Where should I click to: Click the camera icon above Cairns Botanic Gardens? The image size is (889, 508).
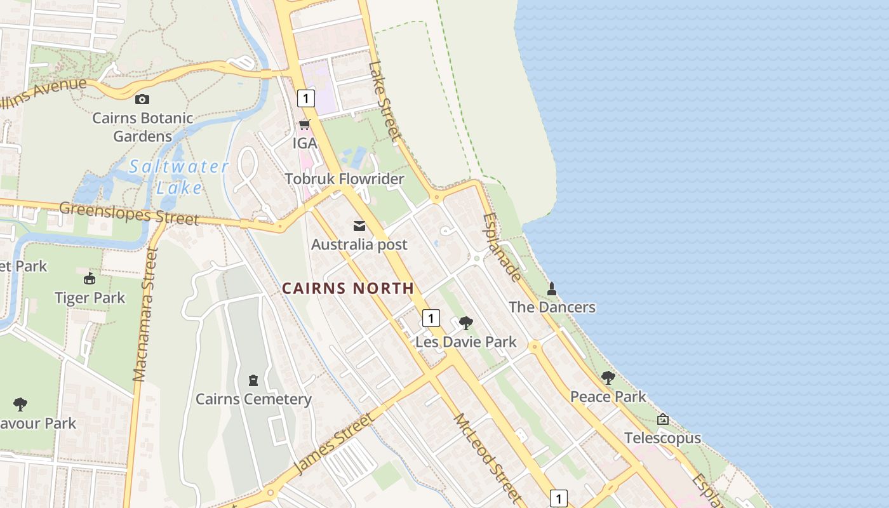(x=142, y=99)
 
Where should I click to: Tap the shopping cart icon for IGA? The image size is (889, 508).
(x=305, y=125)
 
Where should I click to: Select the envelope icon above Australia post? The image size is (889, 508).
(x=359, y=226)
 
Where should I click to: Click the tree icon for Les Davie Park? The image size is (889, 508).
(x=466, y=323)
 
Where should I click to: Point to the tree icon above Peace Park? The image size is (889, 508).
(x=608, y=378)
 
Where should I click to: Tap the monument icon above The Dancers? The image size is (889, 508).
(x=552, y=289)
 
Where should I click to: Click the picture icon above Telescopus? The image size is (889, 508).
(x=663, y=419)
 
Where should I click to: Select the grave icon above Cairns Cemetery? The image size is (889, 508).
(x=253, y=380)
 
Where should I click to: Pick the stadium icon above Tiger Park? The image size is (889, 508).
(x=90, y=279)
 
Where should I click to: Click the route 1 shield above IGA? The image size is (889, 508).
(x=306, y=98)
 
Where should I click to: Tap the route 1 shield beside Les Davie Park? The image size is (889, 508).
(x=431, y=318)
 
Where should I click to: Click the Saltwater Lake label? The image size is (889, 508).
(x=178, y=177)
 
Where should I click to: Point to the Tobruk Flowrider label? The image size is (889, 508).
(x=344, y=179)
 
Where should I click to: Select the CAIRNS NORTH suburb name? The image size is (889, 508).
(x=348, y=288)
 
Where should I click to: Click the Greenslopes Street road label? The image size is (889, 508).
(x=129, y=213)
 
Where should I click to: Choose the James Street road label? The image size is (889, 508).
(x=334, y=444)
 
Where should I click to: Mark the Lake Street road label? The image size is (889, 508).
(x=385, y=101)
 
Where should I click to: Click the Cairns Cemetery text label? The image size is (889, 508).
(x=253, y=399)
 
